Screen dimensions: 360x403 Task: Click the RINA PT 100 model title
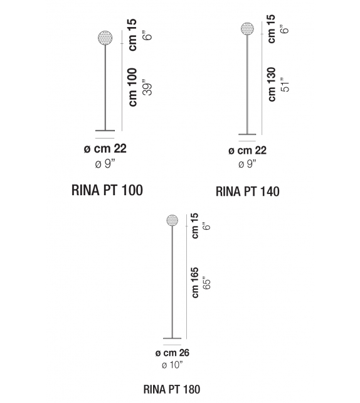click(x=107, y=190)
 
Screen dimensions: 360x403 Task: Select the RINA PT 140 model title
click(x=248, y=191)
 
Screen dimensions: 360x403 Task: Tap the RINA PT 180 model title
click(x=172, y=389)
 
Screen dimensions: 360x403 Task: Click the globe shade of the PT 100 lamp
click(x=105, y=38)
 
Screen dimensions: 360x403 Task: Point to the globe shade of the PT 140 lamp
click(x=248, y=28)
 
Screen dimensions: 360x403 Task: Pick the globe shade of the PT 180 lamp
click(x=172, y=220)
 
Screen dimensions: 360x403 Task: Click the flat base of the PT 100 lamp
click(x=105, y=131)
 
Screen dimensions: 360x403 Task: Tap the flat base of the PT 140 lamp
click(x=247, y=134)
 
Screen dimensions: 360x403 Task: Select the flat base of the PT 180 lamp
click(x=172, y=338)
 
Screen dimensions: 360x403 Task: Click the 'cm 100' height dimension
click(x=133, y=87)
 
